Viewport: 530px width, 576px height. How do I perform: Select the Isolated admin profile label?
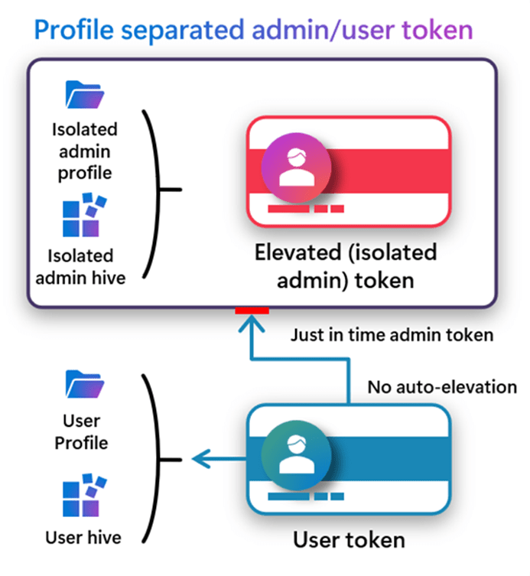(84, 151)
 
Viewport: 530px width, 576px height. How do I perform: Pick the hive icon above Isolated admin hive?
(84, 215)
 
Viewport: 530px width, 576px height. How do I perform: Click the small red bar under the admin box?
(252, 310)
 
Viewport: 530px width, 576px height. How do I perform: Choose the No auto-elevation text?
(442, 387)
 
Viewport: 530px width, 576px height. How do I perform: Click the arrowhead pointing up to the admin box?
(252, 325)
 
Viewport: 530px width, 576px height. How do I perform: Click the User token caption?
(349, 540)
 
